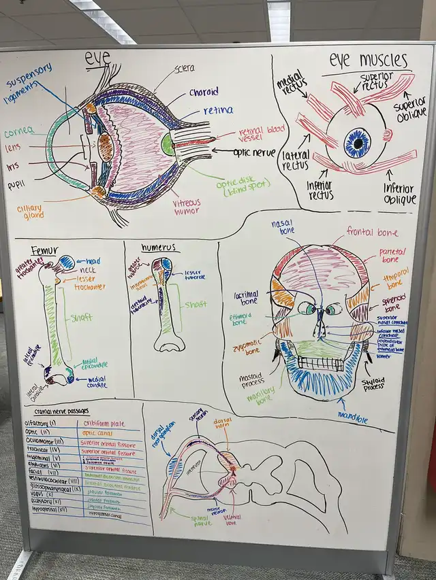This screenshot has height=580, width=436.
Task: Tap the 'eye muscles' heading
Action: (x=368, y=60)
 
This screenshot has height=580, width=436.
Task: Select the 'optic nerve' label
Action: (x=254, y=152)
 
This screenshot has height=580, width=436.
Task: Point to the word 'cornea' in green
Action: (x=20, y=132)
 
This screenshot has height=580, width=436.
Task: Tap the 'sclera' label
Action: (x=183, y=68)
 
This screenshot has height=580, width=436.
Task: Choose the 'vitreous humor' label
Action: (x=187, y=207)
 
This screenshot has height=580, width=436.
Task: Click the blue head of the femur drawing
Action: (x=67, y=262)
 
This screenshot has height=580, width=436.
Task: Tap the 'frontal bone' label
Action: (x=372, y=232)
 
